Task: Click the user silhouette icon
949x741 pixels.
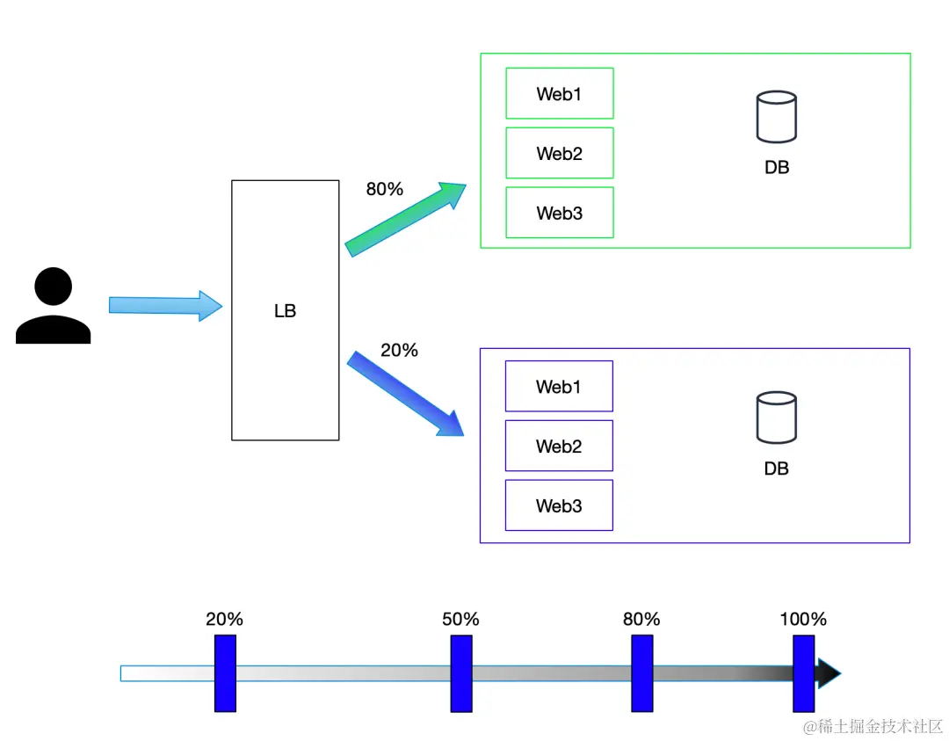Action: tap(54, 305)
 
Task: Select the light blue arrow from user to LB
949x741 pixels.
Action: tap(165, 306)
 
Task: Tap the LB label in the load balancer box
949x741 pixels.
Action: tap(285, 311)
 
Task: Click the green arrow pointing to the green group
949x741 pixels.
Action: tap(405, 219)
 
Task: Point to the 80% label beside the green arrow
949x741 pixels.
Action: tap(384, 190)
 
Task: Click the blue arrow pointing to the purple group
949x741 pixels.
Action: tap(405, 394)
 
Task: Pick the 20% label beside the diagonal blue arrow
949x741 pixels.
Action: tap(399, 350)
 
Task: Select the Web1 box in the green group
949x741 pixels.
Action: tap(560, 93)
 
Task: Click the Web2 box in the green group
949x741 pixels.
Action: tap(560, 153)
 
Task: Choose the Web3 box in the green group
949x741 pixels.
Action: tap(560, 213)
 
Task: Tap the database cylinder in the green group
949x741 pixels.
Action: tap(777, 117)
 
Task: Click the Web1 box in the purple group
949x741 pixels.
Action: tap(559, 386)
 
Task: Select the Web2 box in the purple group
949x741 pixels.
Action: tap(559, 446)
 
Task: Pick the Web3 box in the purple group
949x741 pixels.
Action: tap(559, 505)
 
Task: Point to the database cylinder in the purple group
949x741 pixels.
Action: tap(777, 418)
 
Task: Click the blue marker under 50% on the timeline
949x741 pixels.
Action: tap(461, 673)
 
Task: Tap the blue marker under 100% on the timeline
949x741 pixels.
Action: tap(804, 673)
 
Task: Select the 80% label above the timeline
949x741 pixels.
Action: tap(641, 620)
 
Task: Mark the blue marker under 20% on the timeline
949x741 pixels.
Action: tap(225, 673)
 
